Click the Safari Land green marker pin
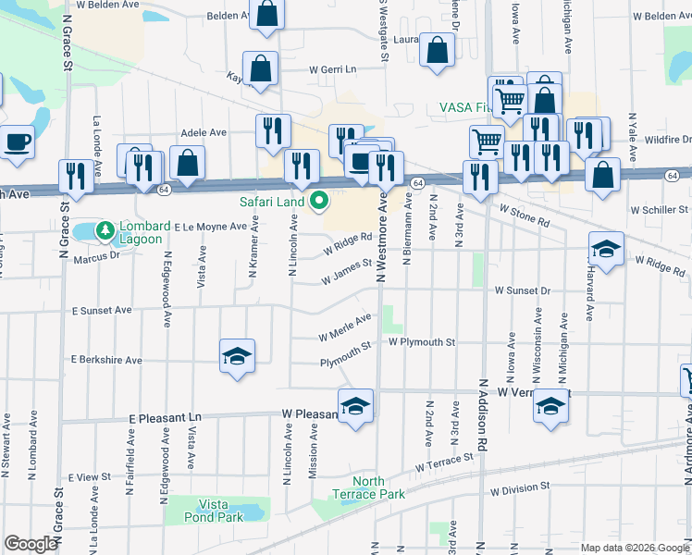(321, 200)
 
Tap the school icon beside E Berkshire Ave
(237, 356)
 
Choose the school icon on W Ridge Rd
(606, 249)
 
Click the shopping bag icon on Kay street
(262, 68)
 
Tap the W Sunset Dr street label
(522, 290)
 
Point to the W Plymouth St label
(422, 342)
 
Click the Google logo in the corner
(31, 544)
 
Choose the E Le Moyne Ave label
(210, 226)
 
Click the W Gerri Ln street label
(332, 69)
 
